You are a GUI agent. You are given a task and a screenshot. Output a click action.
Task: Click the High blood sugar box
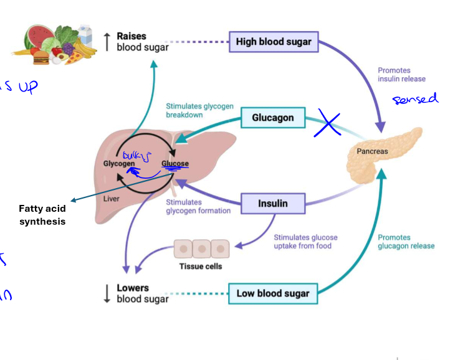pyautogui.click(x=274, y=42)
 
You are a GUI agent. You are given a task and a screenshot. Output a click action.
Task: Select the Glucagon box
pyautogui.click(x=272, y=117)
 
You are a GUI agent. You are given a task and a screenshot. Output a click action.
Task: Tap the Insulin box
pyautogui.click(x=273, y=203)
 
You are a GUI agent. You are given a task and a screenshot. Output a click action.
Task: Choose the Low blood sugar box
pyautogui.click(x=273, y=293)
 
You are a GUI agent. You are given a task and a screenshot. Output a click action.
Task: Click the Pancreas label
pyautogui.click(x=372, y=151)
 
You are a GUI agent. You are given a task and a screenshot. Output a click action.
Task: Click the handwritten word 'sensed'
pyautogui.click(x=415, y=98)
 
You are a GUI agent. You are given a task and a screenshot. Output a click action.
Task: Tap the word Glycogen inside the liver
pyautogui.click(x=118, y=164)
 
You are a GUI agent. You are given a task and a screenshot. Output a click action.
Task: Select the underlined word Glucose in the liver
pyautogui.click(x=174, y=164)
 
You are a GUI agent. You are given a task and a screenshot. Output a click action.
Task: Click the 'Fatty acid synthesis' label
pyautogui.click(x=42, y=215)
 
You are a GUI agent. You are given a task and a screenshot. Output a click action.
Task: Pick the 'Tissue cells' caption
pyautogui.click(x=201, y=267)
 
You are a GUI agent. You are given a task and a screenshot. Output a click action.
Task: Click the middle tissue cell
pyautogui.click(x=201, y=249)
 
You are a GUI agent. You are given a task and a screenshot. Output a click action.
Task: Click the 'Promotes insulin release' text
pyautogui.click(x=401, y=75)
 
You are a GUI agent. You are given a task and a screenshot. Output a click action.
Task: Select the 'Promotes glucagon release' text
pyautogui.click(x=406, y=242)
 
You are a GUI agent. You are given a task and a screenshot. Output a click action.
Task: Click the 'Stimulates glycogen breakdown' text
pyautogui.click(x=199, y=110)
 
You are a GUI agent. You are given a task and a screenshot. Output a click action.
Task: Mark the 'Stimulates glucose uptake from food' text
pyautogui.click(x=305, y=242)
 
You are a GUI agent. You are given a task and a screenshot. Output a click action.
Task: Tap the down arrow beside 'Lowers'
pyautogui.click(x=107, y=293)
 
